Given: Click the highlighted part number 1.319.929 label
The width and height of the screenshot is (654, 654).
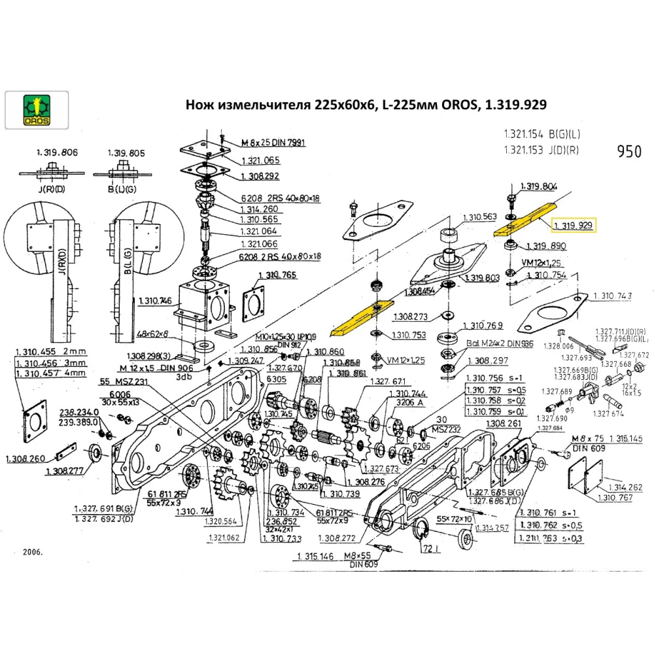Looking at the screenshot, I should [573, 226].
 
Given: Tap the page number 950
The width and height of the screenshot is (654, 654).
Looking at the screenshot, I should [628, 152].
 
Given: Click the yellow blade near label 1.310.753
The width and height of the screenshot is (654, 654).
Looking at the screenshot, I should [362, 314].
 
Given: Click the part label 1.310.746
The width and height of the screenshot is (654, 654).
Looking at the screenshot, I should [156, 301].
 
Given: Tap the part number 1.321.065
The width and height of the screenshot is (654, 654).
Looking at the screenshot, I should [260, 160].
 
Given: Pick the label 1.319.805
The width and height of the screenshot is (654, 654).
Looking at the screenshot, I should [126, 152].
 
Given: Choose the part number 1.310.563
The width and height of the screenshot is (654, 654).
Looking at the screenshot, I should [479, 217].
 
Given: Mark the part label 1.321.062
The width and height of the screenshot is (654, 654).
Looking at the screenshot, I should [224, 538].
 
